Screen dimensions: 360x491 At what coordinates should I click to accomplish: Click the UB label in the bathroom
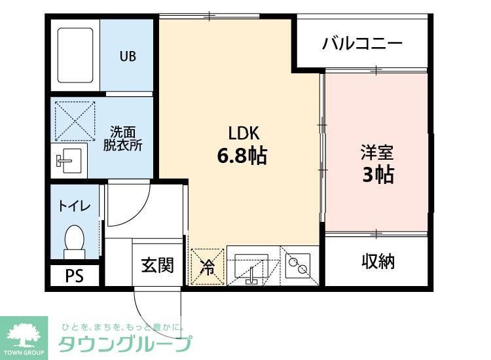(x=128, y=56)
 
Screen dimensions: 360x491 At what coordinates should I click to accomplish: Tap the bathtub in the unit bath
(x=75, y=56)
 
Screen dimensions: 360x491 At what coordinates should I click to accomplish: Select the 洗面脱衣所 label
(x=122, y=138)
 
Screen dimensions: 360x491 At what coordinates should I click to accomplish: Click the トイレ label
(x=75, y=206)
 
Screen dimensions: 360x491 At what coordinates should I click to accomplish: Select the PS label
(x=74, y=276)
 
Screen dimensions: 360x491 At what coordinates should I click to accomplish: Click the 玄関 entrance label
(x=158, y=265)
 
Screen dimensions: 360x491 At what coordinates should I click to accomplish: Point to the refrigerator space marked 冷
(x=206, y=266)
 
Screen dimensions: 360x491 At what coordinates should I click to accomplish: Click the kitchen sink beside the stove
(x=251, y=266)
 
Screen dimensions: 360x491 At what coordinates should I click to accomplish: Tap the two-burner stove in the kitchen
(x=300, y=266)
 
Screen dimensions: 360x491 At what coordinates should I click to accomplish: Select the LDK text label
(x=242, y=133)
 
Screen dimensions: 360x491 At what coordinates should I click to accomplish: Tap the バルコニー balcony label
(x=361, y=44)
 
